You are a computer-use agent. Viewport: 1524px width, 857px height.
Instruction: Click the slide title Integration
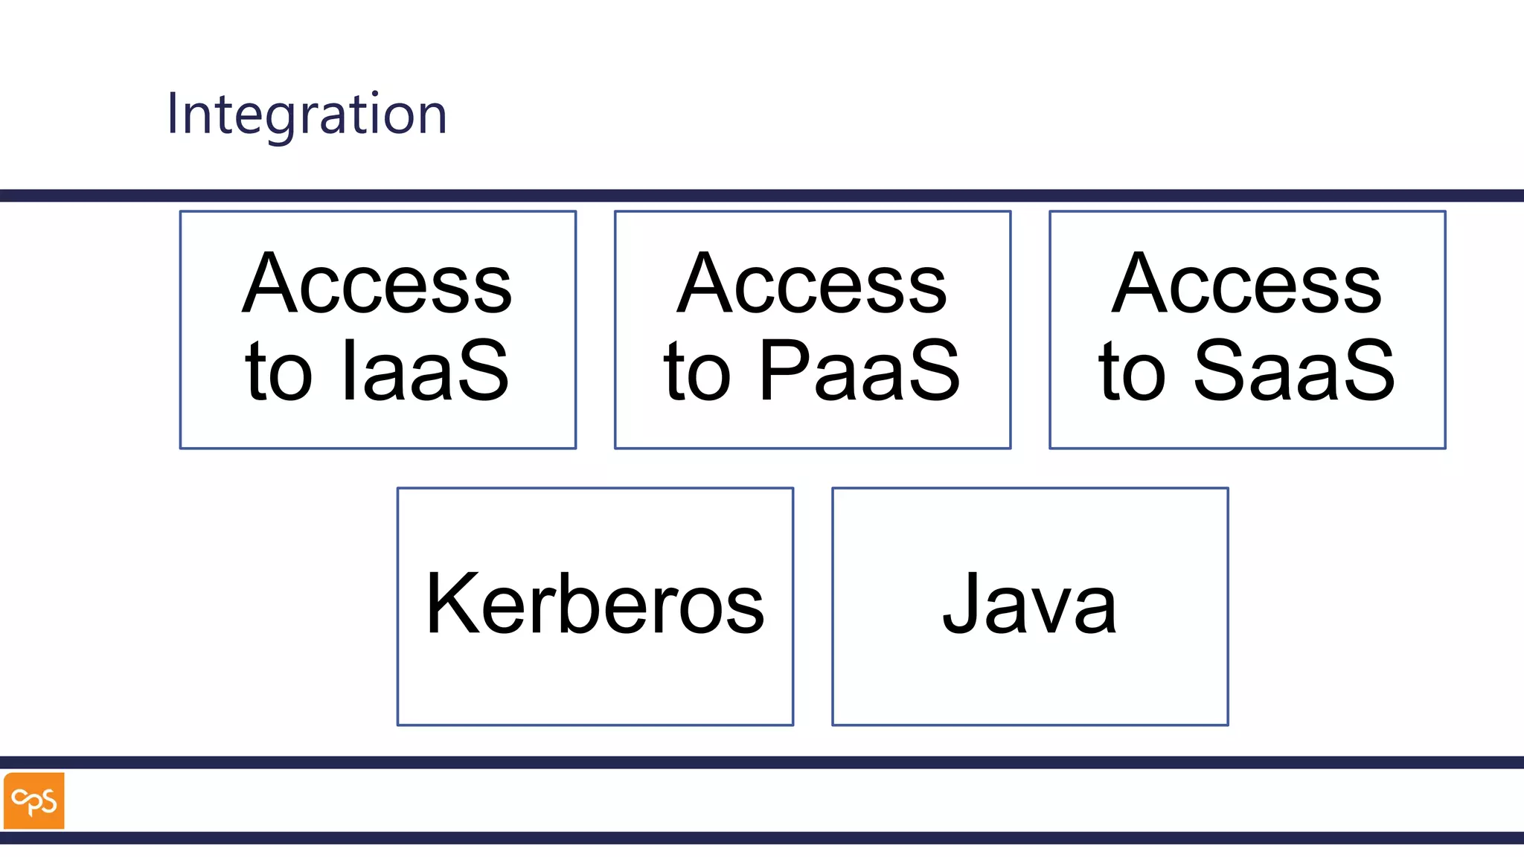point(307,114)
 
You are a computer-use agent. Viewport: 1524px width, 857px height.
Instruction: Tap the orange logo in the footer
point(34,800)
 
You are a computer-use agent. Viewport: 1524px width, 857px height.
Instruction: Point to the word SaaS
point(1294,370)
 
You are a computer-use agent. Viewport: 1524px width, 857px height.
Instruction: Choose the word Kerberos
point(595,604)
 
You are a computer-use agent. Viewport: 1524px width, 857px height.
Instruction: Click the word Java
point(1030,604)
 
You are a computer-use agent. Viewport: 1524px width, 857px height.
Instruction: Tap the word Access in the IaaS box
point(377,284)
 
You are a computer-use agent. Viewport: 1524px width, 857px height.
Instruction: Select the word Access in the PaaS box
point(812,284)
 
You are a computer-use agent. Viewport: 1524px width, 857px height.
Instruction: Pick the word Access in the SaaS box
point(1246,284)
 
